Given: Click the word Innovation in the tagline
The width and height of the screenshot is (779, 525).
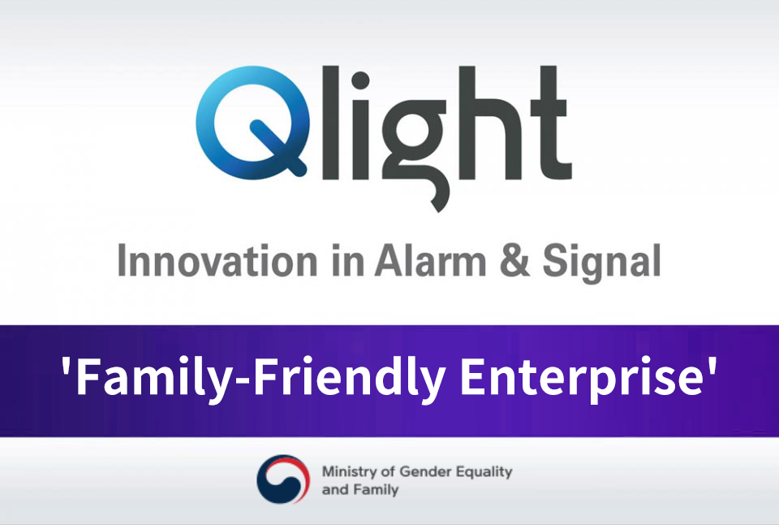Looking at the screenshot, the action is click(217, 260).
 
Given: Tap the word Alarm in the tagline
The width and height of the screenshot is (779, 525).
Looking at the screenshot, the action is click(431, 260).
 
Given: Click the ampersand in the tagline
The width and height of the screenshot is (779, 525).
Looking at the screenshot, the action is click(514, 260).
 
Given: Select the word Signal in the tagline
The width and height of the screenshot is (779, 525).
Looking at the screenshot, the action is click(601, 263).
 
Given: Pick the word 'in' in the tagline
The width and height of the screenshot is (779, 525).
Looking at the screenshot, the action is click(347, 260).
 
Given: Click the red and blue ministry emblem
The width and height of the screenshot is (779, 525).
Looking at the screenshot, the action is click(283, 479).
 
